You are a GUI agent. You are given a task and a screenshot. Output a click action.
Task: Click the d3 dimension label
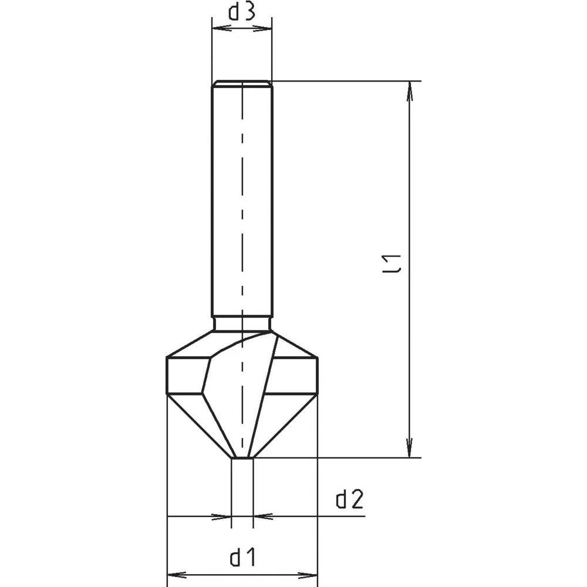click(x=241, y=13)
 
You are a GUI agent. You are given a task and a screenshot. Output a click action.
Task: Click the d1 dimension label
click(x=242, y=558)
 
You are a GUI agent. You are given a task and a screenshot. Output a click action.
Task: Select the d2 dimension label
click(x=350, y=500)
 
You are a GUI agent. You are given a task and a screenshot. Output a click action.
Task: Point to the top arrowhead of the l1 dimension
click(x=410, y=91)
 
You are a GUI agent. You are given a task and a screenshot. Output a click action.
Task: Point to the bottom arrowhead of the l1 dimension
click(x=410, y=447)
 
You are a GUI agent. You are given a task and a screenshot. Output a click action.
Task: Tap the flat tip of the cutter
click(x=242, y=457)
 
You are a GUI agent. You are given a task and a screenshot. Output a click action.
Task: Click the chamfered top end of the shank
click(x=242, y=83)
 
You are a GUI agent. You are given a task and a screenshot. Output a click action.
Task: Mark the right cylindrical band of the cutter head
click(x=296, y=375)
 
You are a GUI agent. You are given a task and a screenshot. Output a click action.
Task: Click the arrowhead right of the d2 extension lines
click(x=263, y=517)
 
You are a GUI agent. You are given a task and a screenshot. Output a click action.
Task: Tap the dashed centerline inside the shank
click(x=242, y=205)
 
